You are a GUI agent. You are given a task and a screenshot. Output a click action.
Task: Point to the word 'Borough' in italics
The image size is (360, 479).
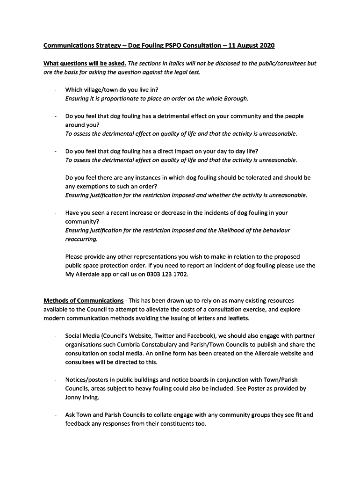click(x=235, y=98)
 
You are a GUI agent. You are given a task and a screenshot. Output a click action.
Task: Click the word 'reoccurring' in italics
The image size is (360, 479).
click(x=81, y=239)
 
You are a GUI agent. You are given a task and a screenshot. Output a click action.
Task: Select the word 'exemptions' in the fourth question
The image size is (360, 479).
click(x=92, y=186)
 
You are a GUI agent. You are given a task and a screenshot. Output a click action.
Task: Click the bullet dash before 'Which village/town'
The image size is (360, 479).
click(x=56, y=90)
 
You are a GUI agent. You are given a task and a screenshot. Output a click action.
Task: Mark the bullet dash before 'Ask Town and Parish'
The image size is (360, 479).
click(x=56, y=415)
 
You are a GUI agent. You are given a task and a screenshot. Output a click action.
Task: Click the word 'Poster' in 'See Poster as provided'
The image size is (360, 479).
click(x=263, y=389)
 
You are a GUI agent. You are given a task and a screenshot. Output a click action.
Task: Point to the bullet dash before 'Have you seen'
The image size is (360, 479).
click(x=56, y=213)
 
